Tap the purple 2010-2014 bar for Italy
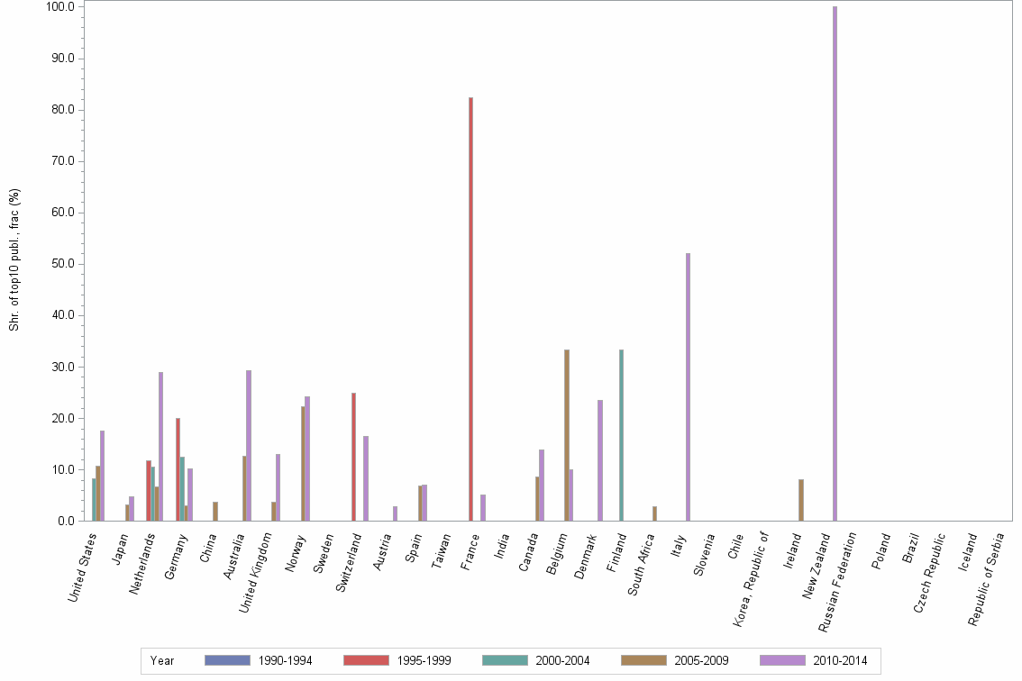tap(688, 387)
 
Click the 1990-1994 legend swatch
tap(227, 660)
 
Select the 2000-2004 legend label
tap(562, 660)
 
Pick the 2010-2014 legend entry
tap(839, 660)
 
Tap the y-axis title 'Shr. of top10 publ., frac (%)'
tap(14, 259)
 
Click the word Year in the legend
tap(162, 660)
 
